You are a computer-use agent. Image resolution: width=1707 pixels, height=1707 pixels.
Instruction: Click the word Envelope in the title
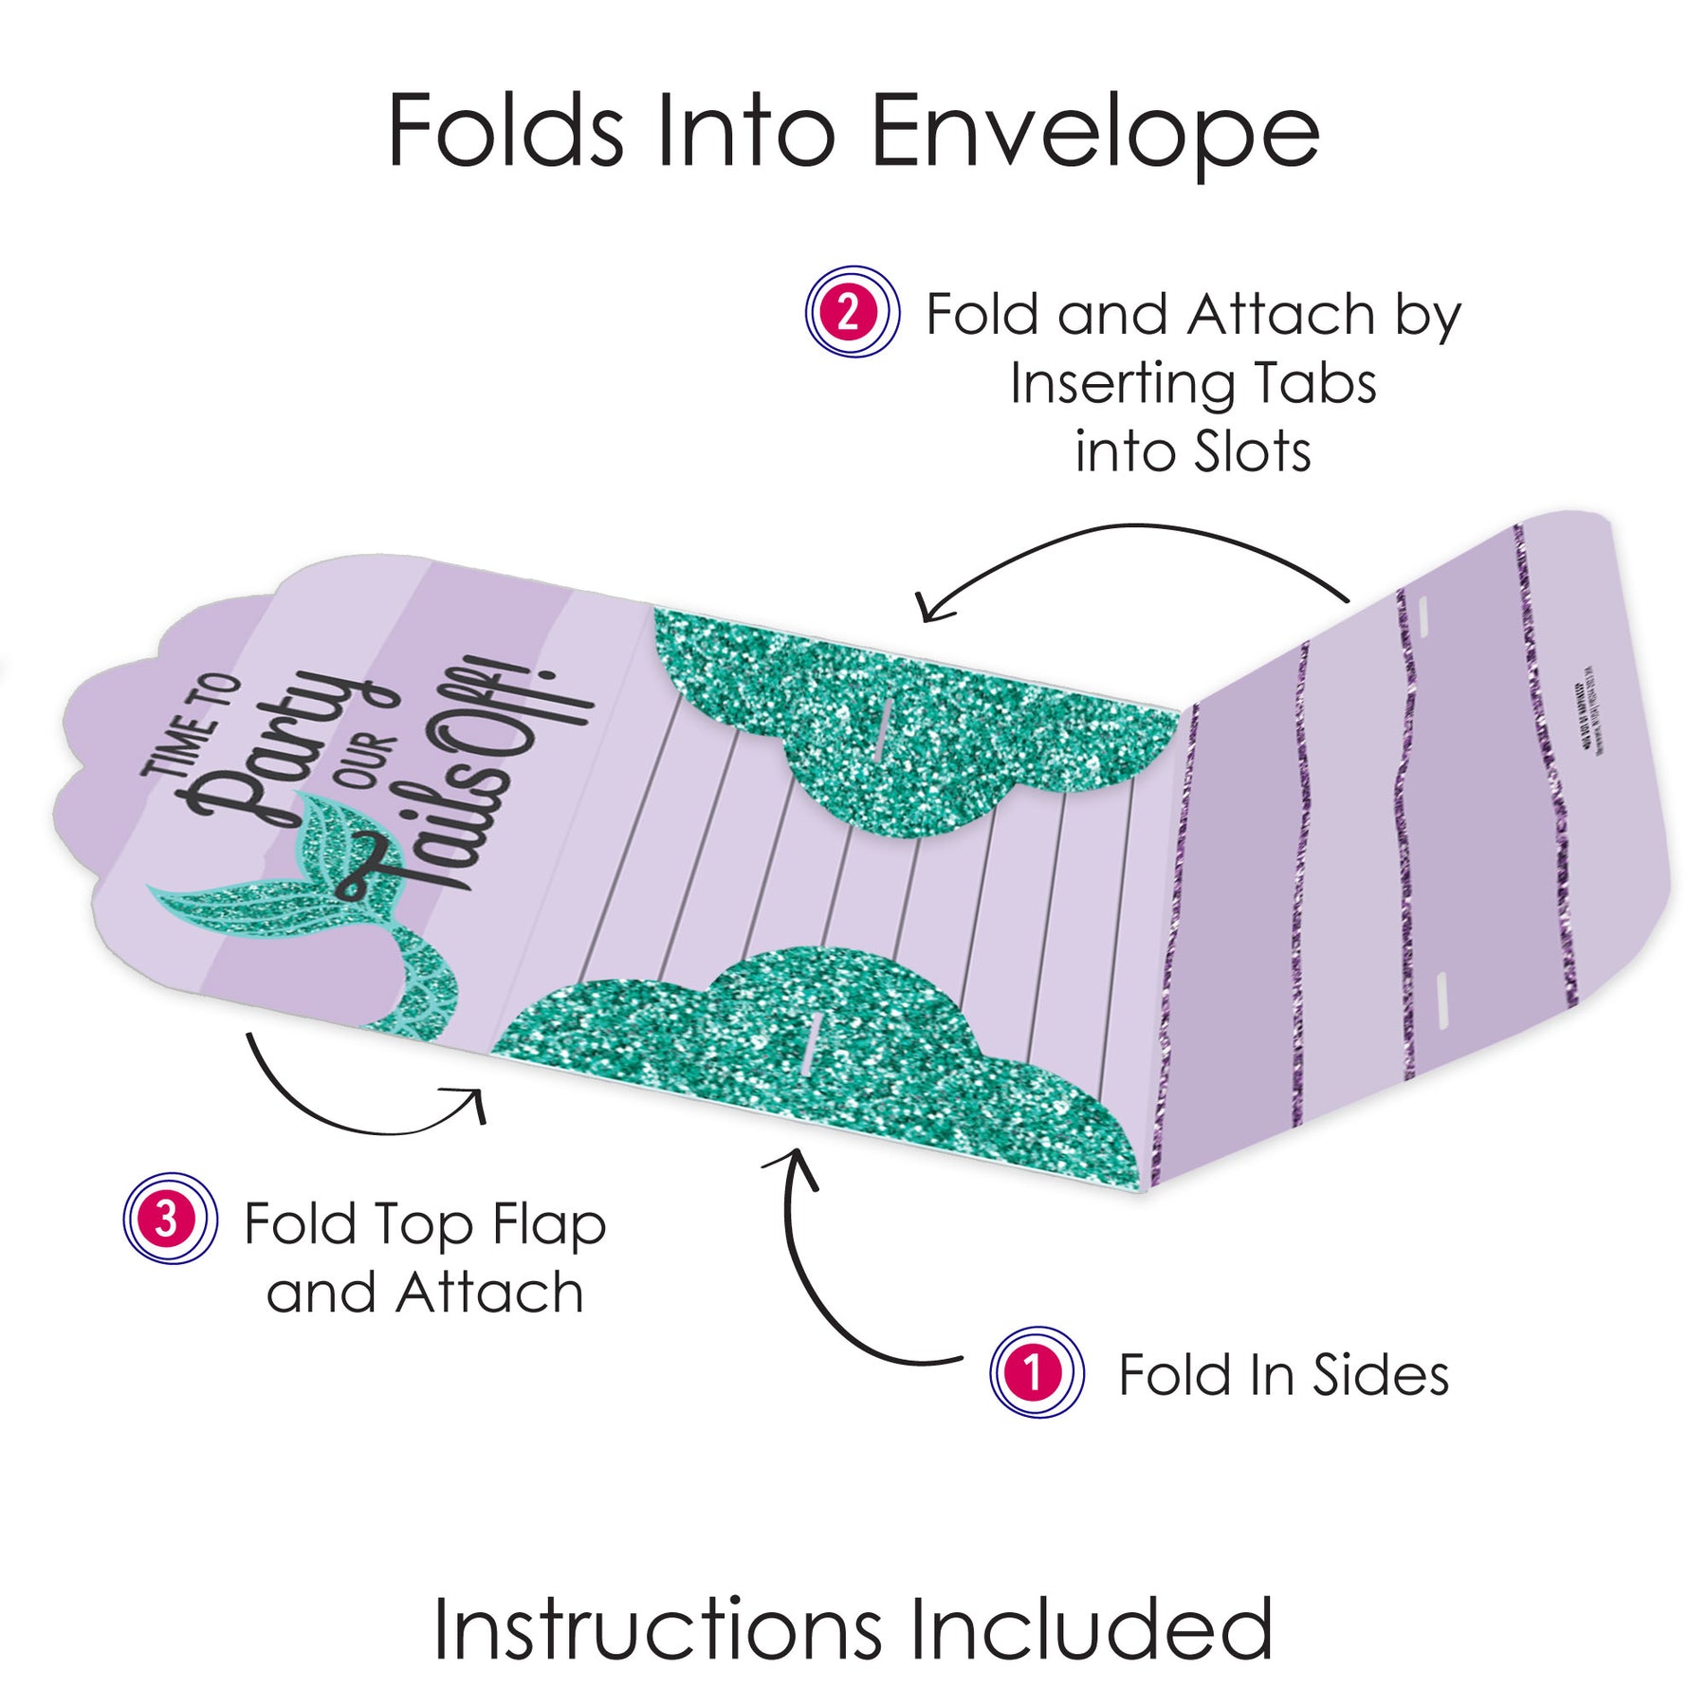[x=1095, y=133]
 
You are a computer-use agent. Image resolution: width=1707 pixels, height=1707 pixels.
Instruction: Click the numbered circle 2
[x=852, y=312]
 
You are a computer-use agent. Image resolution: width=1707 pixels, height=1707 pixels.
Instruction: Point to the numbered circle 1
[x=1037, y=1372]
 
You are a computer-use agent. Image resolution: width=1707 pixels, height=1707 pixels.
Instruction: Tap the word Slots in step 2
[x=1252, y=452]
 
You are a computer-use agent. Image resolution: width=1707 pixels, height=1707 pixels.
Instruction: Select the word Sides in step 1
[x=1381, y=1375]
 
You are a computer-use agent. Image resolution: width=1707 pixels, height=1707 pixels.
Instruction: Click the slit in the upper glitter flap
[x=883, y=731]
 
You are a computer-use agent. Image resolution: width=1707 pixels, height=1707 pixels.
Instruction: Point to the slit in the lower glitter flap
[x=809, y=1043]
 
